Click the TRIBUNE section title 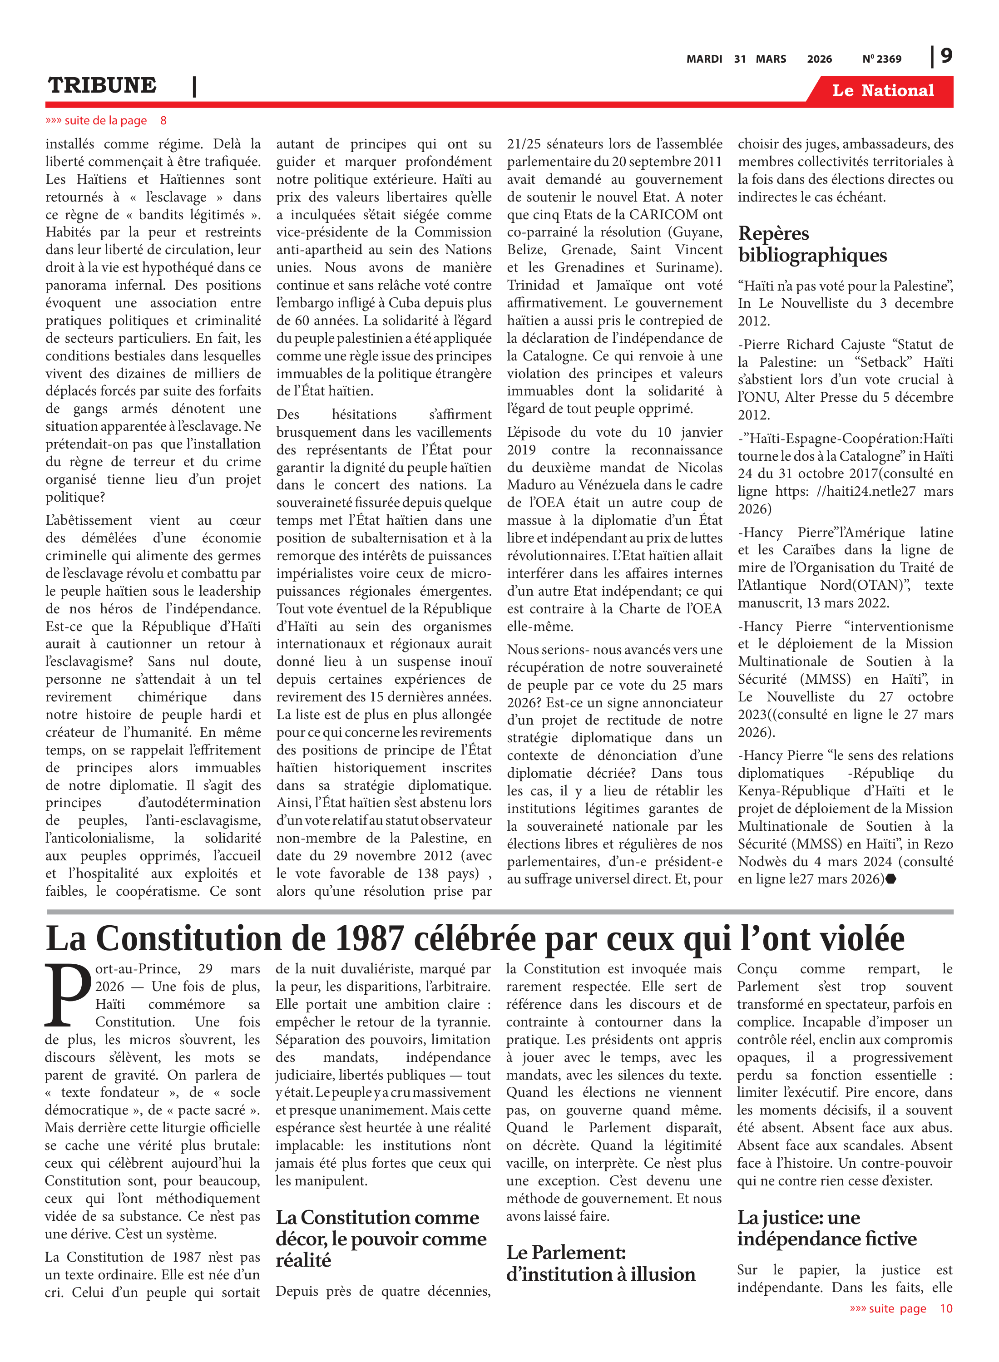tap(102, 85)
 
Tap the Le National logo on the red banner tap(882, 91)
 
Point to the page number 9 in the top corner tap(946, 56)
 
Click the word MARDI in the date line tap(704, 59)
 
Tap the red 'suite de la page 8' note tap(106, 120)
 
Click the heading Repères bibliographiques tap(812, 244)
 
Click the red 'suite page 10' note tap(900, 1308)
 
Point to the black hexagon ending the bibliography tap(891, 879)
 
